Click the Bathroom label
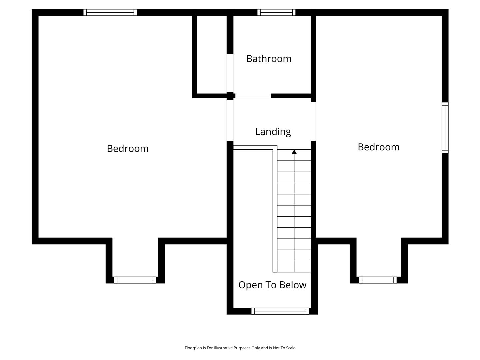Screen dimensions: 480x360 [269, 59]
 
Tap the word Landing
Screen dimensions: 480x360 [273, 132]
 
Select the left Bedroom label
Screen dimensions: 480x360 [128, 149]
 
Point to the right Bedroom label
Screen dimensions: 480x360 [379, 147]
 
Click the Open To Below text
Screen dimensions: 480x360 [272, 285]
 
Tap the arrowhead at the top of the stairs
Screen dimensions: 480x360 [294, 152]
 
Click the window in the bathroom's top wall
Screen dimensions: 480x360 [276, 12]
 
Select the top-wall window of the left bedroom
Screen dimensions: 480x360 [110, 12]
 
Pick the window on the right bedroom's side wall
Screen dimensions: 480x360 [445, 128]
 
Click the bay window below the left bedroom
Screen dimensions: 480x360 [135, 280]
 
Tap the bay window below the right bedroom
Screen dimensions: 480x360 [378, 280]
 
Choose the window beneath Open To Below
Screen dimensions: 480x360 [280, 311]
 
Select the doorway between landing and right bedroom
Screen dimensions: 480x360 [313, 122]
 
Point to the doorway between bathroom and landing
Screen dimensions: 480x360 [253, 96]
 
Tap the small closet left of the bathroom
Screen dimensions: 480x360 [212, 55]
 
